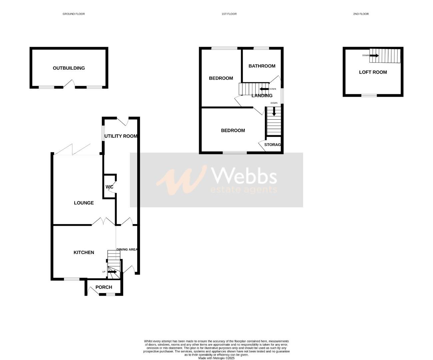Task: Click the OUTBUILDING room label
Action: coord(69,68)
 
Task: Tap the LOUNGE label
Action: coord(84,203)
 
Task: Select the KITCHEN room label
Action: coord(84,252)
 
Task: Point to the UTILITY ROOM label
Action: coord(121,136)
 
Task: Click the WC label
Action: coord(110,187)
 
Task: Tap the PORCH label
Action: coord(104,287)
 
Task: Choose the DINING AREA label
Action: coord(127,249)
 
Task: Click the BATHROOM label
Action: coord(262,66)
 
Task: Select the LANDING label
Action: coord(262,96)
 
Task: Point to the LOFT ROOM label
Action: coord(373,72)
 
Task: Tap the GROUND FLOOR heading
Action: coord(74,14)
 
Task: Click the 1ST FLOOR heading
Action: coord(229,14)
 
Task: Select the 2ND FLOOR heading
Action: coord(361,14)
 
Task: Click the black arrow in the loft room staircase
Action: coord(374,55)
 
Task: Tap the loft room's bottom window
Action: coord(369,95)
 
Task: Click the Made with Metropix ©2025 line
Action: coord(217,358)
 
